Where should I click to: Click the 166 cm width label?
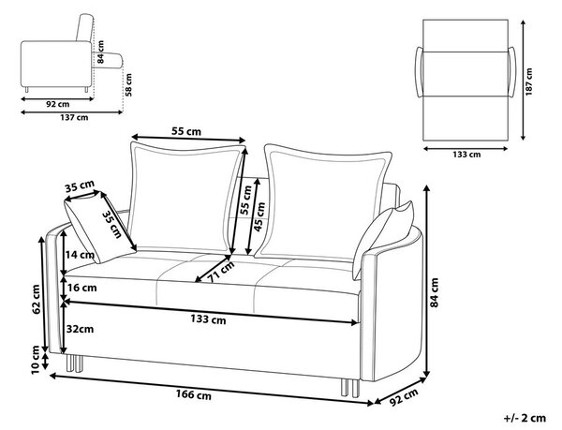coord(194,395)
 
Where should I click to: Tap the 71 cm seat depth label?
coord(221,272)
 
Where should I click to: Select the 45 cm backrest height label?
coord(259,217)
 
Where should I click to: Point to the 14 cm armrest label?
coord(80,255)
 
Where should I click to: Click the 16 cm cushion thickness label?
coord(81,288)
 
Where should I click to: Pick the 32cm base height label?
coord(80,329)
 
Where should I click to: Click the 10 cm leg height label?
coord(36,360)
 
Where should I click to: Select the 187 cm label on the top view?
coord(529,82)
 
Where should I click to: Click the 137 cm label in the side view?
coord(74,117)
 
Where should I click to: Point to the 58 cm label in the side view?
coord(128,85)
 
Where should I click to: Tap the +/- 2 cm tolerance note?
coord(525,418)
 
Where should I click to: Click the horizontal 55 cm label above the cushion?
coord(186,131)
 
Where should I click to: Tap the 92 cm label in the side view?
coord(58,104)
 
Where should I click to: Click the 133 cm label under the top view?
coord(466,155)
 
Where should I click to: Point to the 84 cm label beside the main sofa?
coord(434,292)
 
